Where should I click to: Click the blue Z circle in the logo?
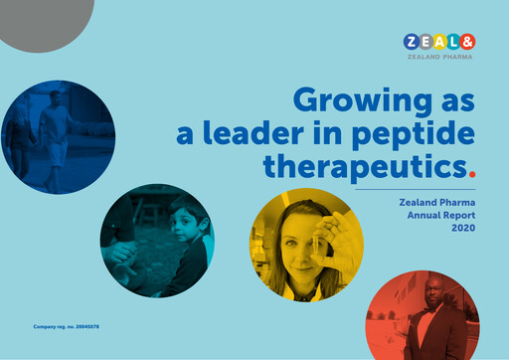click(412, 42)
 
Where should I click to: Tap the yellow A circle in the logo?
click(439, 42)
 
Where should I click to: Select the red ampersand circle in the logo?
click(467, 42)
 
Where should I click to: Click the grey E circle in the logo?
click(425, 42)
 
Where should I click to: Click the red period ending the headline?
click(471, 170)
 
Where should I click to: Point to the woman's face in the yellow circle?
click(297, 236)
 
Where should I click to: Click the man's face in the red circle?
click(434, 301)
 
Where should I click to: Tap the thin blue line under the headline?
click(415, 189)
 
